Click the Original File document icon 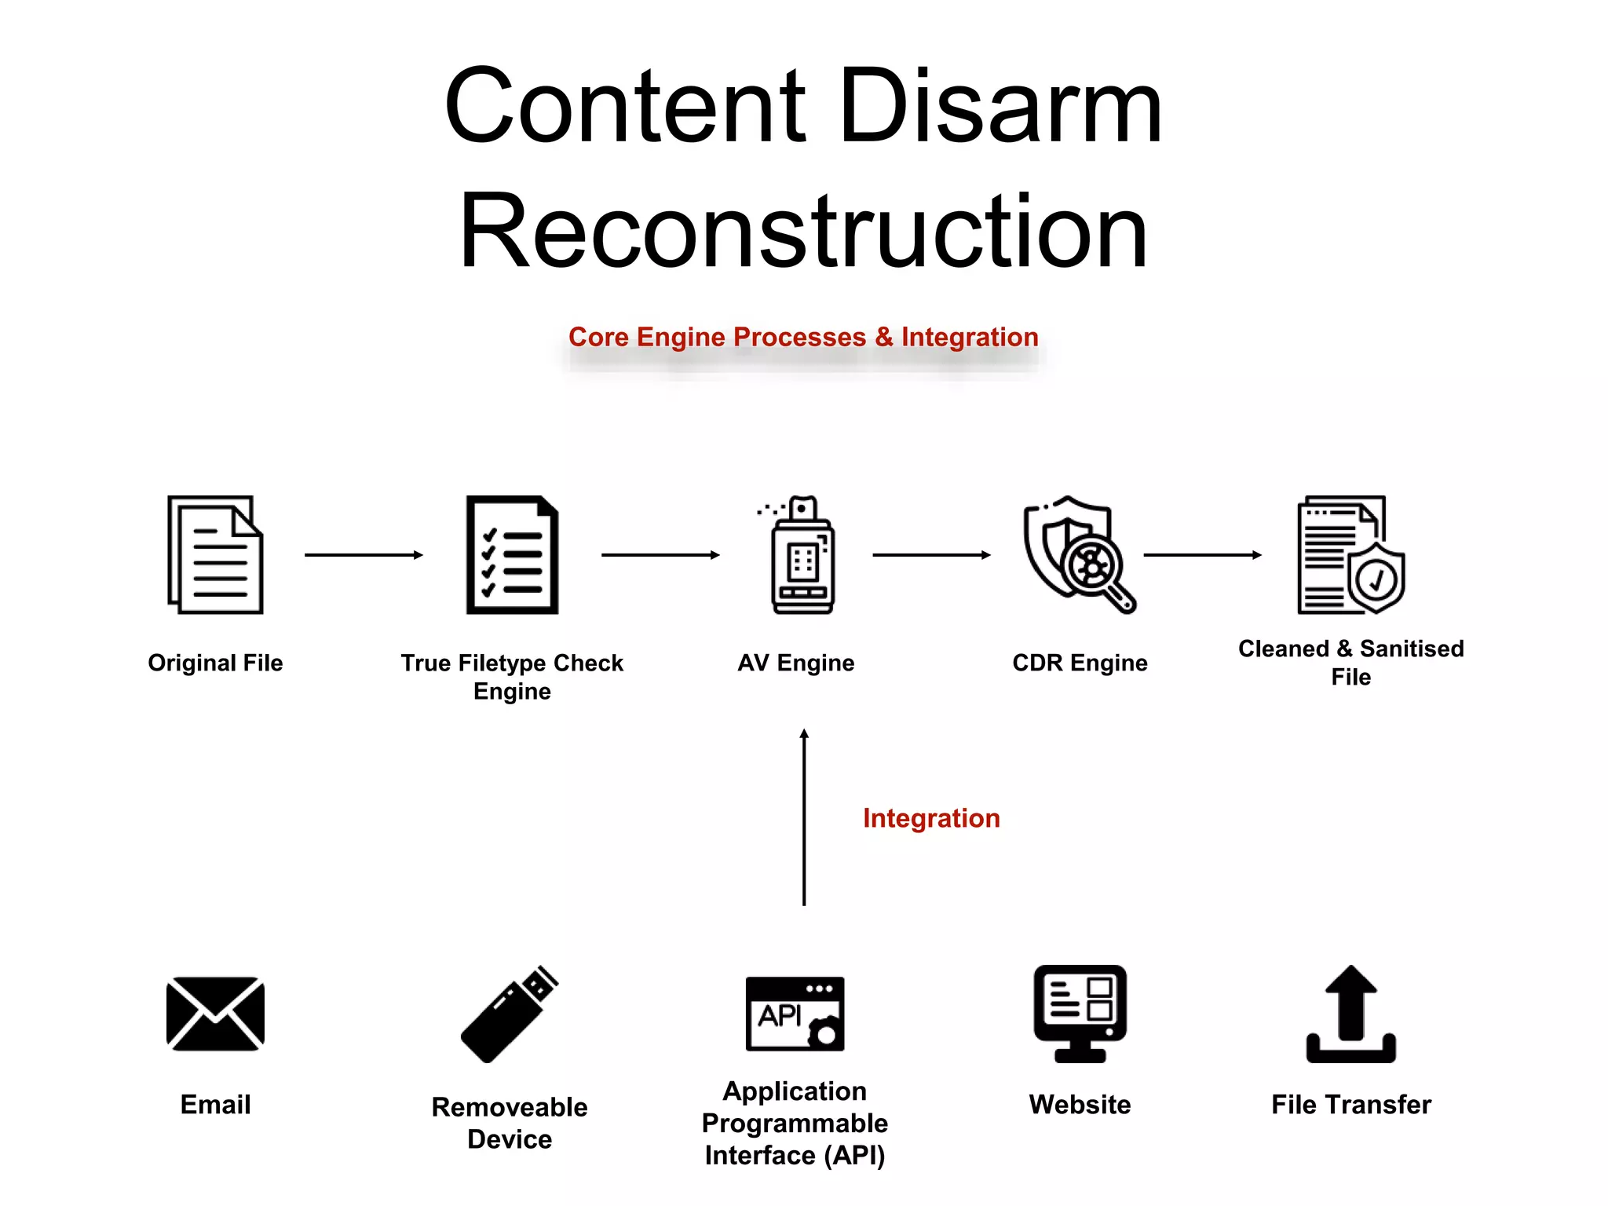pyautogui.click(x=215, y=554)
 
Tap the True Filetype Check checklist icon pyautogui.click(x=512, y=554)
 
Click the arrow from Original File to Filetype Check pyautogui.click(x=364, y=555)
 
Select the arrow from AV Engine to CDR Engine pyautogui.click(x=931, y=555)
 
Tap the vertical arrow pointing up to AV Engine pyautogui.click(x=804, y=817)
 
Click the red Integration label pyautogui.click(x=931, y=818)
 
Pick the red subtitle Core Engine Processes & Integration pyautogui.click(x=803, y=337)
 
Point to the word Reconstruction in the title pyautogui.click(x=803, y=232)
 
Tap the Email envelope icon pyautogui.click(x=215, y=1014)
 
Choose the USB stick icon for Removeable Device pyautogui.click(x=510, y=1014)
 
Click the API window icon pyautogui.click(x=795, y=1014)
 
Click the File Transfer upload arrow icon pyautogui.click(x=1350, y=1014)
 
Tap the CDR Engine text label pyautogui.click(x=1080, y=663)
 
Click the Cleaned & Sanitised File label pyautogui.click(x=1350, y=662)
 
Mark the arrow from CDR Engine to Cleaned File pyautogui.click(x=1202, y=555)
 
